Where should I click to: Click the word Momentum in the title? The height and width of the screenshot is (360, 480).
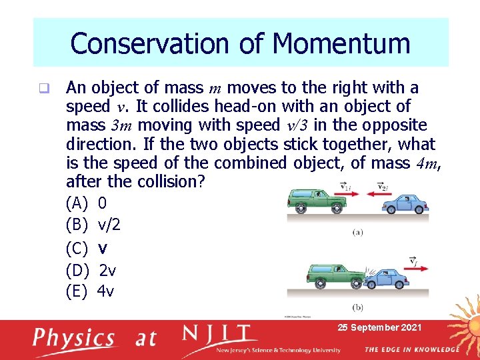(341, 44)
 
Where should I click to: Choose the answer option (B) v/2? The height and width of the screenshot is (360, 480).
(93, 225)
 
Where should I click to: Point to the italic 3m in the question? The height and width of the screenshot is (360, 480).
(124, 125)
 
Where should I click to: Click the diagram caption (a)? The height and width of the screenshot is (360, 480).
(358, 233)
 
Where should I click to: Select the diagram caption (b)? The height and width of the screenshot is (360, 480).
(358, 307)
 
